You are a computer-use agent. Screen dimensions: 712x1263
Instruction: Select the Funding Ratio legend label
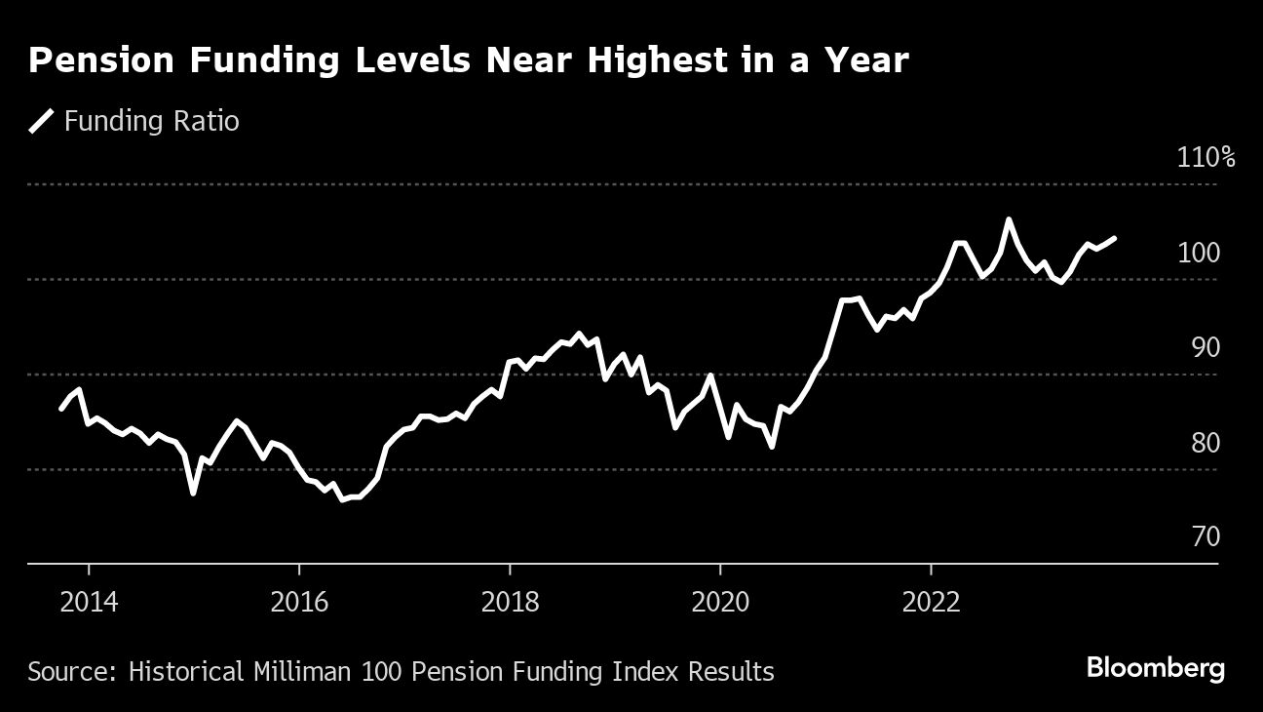(151, 121)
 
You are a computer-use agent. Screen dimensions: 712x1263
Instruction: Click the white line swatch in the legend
(41, 121)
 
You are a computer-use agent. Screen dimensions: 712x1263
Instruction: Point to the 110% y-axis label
(1206, 158)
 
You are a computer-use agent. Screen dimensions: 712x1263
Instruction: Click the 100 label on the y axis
(1200, 253)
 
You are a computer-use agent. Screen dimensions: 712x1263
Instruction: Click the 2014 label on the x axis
(89, 601)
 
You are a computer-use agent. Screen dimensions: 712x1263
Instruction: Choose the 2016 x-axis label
(299, 601)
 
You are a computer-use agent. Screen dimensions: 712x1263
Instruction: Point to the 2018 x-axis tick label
(510, 601)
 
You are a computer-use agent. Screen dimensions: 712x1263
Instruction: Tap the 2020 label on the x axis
(720, 601)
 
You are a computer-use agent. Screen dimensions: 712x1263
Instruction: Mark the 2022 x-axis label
(931, 601)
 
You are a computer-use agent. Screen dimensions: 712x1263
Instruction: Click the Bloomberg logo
(1155, 669)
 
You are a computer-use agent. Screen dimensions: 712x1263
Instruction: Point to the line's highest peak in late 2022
(1009, 219)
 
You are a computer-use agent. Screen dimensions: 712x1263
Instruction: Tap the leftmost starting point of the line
(61, 409)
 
